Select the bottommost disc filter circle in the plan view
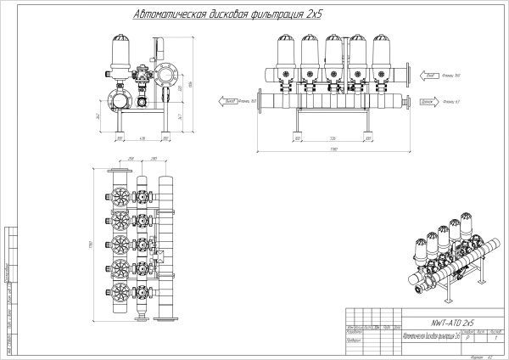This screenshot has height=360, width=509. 119,294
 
